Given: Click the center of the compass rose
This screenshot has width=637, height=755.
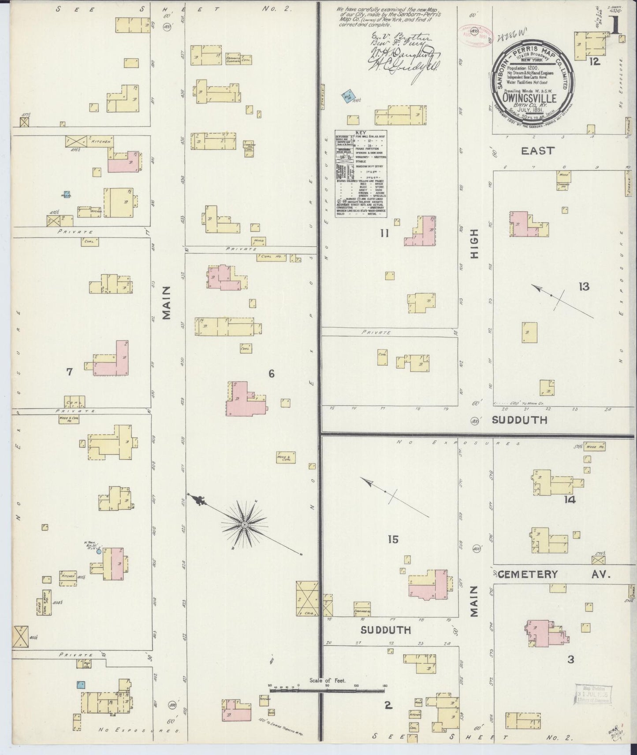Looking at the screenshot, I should [244, 525].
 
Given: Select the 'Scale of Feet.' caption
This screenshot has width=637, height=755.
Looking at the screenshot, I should [328, 692].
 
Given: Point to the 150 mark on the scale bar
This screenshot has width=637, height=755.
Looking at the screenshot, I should [384, 698].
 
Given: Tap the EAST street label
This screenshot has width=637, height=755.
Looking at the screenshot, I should [537, 151].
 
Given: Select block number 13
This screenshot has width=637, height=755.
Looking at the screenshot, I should [584, 287].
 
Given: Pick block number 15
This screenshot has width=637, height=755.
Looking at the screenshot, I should [393, 539].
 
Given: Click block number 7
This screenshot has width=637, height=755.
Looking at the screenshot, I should [69, 372].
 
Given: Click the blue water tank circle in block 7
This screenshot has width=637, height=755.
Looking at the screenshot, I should [99, 551].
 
